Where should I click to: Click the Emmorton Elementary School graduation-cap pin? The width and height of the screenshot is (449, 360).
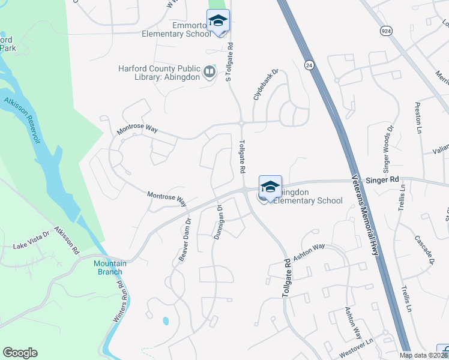point(218,22)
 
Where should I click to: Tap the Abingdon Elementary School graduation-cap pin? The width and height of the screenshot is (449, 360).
point(270,187)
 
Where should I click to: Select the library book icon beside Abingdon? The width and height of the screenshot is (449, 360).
point(209,73)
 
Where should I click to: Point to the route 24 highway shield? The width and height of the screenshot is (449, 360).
point(309,64)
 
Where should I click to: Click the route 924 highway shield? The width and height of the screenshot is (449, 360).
point(385,29)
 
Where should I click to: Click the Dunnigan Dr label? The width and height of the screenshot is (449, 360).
point(219,223)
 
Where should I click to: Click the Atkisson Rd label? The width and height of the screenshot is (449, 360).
point(67,240)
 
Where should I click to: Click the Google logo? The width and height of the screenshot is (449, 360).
point(20,353)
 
